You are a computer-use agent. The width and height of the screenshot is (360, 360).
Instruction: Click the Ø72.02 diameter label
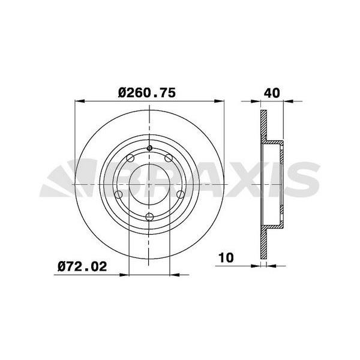point(82,266)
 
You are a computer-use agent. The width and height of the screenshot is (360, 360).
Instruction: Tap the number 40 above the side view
point(272,93)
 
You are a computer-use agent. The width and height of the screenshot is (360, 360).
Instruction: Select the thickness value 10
point(226,258)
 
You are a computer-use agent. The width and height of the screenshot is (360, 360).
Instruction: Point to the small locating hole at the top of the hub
point(150,149)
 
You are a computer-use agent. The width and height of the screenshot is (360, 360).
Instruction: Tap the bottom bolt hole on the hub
point(150,217)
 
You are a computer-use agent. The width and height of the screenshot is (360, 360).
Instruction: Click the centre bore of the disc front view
point(150,183)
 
